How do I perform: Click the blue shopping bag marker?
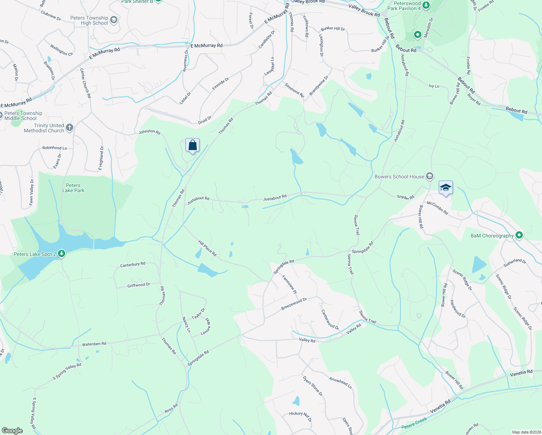point(193,145)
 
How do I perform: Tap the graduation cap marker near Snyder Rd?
point(446,187)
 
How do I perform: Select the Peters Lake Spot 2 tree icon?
point(62,254)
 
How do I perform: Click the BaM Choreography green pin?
point(519,236)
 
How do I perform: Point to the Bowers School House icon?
point(429,177)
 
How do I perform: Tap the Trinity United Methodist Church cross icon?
point(70,128)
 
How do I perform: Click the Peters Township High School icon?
point(114,20)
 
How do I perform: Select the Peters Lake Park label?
point(73,188)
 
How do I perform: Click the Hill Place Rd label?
point(207,248)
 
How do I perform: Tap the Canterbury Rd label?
point(133,265)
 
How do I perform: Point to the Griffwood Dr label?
point(138,285)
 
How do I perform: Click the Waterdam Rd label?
point(94,344)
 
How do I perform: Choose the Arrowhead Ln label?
point(340,382)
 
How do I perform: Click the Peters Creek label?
point(414,423)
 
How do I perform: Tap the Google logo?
point(12,430)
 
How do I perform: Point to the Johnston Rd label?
point(149,132)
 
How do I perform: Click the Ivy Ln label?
point(434,86)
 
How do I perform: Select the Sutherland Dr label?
point(515,262)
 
